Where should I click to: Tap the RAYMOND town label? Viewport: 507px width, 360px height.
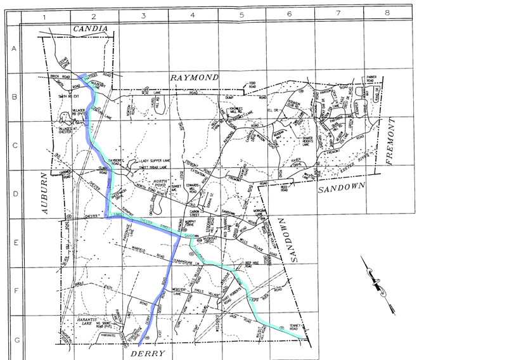(195, 77)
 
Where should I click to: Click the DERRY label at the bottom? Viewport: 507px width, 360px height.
(150, 352)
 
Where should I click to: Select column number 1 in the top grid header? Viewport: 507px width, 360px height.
(45, 13)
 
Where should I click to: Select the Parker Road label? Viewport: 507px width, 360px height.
(372, 79)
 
